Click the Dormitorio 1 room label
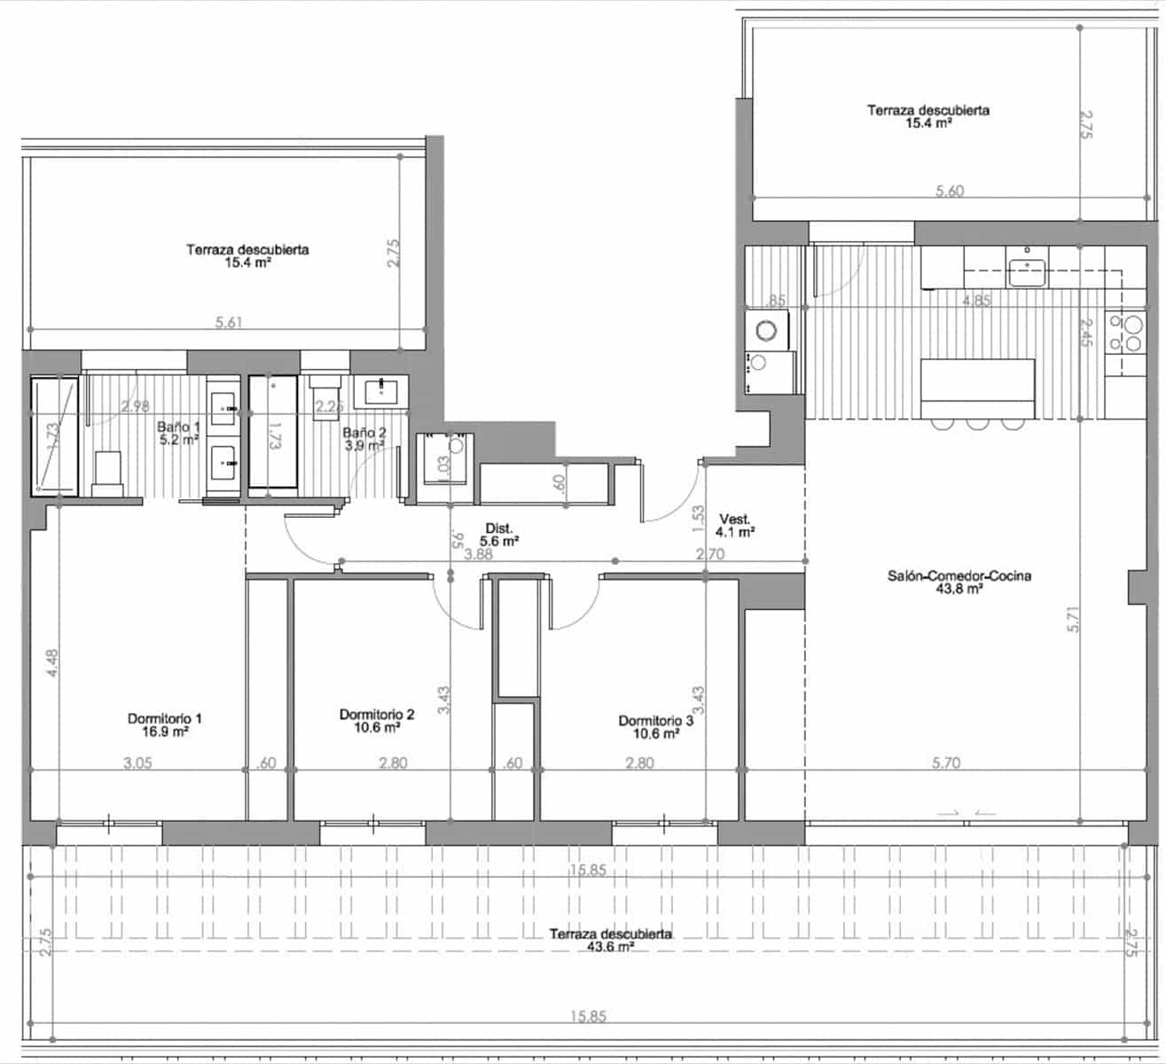(x=170, y=724)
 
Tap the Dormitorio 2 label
(x=377, y=720)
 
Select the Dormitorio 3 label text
(x=655, y=726)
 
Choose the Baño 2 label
(x=364, y=439)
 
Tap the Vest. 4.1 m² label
(x=736, y=526)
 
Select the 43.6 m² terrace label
(x=610, y=940)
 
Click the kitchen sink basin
(x=1027, y=272)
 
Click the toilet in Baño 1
(x=107, y=473)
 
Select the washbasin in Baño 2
(x=380, y=389)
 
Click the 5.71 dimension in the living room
(x=1074, y=618)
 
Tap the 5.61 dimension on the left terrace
(x=229, y=323)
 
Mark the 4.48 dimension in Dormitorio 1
(x=53, y=664)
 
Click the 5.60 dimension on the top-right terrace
(x=950, y=191)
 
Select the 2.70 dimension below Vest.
(x=711, y=555)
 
